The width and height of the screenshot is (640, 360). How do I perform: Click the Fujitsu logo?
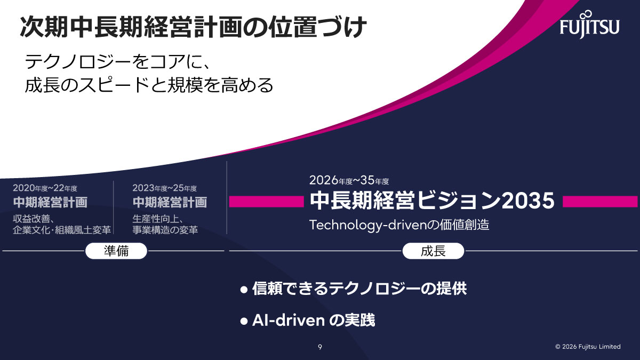(x=589, y=24)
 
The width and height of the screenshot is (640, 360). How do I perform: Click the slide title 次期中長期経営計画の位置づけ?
(x=194, y=27)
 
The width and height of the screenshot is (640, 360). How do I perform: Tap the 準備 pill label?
(x=116, y=251)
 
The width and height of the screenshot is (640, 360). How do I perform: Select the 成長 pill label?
(x=433, y=251)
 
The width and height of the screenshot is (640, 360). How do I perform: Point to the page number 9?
(x=320, y=347)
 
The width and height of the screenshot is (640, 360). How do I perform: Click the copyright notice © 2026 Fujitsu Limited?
(x=588, y=347)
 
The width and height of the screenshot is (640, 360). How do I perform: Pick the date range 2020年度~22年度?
(x=45, y=188)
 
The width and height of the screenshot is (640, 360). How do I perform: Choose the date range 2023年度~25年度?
(x=165, y=188)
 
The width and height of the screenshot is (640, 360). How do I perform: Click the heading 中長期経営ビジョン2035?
(x=433, y=201)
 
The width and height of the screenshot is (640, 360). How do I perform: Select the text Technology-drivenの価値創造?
(x=399, y=225)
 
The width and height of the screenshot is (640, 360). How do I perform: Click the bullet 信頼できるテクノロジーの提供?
(x=359, y=289)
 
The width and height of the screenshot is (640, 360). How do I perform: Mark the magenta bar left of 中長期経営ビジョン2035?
(x=266, y=201)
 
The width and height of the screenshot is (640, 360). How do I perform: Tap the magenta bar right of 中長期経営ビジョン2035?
(x=600, y=201)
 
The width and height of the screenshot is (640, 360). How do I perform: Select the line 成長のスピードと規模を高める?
(x=149, y=85)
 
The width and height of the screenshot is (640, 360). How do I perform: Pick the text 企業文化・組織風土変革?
(x=62, y=230)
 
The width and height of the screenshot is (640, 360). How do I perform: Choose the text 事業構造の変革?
(x=165, y=230)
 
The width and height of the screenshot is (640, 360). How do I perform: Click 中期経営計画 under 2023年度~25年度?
(x=170, y=203)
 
